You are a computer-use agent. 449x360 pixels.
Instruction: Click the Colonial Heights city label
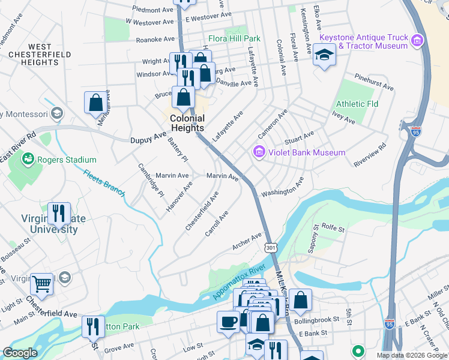(x=187, y=123)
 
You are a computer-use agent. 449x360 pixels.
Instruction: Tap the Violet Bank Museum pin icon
(x=259, y=152)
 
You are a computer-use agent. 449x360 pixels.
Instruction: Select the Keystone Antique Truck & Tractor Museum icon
(x=418, y=41)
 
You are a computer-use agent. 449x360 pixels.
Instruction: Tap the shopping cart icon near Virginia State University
(x=41, y=283)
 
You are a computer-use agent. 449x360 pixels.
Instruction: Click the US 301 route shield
(x=271, y=247)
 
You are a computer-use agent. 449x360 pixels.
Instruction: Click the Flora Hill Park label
(x=234, y=38)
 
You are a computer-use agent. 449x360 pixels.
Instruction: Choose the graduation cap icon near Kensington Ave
(x=324, y=56)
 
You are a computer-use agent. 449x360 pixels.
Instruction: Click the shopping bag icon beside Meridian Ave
(x=95, y=103)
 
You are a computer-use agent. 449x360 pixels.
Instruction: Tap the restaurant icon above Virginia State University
(x=59, y=213)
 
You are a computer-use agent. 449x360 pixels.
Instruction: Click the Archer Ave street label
(x=247, y=241)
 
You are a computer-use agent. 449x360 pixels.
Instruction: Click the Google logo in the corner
(x=20, y=353)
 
